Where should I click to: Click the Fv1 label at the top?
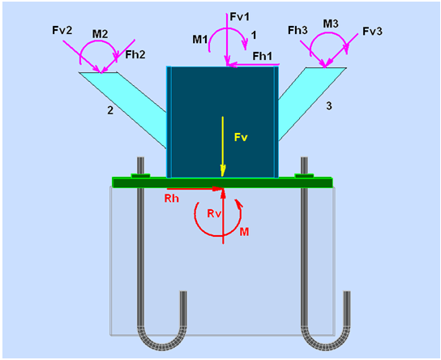[x=240, y=17]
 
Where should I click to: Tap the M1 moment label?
[x=200, y=40]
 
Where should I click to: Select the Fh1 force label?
[x=263, y=56]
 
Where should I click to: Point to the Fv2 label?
[x=62, y=30]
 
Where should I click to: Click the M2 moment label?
[x=101, y=34]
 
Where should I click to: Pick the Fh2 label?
[x=135, y=54]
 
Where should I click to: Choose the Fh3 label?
[x=298, y=30]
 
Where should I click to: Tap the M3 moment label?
[x=331, y=24]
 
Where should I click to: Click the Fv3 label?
[x=372, y=32]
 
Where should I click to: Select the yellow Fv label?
[x=241, y=137]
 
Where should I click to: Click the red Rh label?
[x=172, y=199]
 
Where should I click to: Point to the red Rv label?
[x=214, y=214]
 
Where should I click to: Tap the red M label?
[x=244, y=232]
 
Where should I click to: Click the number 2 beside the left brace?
[x=110, y=110]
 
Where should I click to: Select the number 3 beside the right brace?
[x=329, y=105]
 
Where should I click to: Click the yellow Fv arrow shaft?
[x=223, y=146]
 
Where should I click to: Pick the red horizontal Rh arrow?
[x=195, y=189]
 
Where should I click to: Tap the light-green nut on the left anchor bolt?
[x=140, y=176]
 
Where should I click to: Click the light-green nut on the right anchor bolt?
[x=304, y=176]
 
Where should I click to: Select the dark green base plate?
[x=222, y=182]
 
